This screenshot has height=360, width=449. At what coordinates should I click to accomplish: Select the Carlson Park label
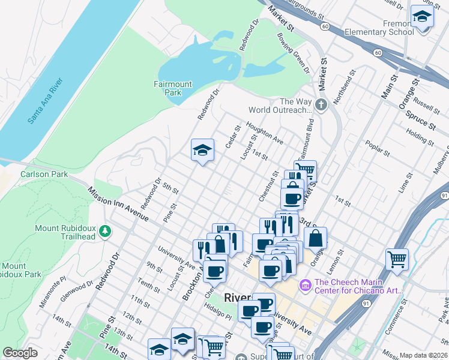[41, 175]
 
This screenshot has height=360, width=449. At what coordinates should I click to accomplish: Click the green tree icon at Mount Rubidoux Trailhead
[106, 230]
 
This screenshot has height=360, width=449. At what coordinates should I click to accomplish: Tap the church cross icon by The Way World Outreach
[321, 106]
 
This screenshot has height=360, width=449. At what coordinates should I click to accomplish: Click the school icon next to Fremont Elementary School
[422, 17]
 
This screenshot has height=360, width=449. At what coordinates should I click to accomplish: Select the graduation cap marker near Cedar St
[203, 150]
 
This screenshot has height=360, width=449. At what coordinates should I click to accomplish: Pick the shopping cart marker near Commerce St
[397, 260]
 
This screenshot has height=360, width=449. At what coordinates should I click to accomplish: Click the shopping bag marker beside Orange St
[315, 238]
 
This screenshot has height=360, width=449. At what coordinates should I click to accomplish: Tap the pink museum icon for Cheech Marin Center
[306, 283]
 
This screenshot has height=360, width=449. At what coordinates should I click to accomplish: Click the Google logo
[20, 353]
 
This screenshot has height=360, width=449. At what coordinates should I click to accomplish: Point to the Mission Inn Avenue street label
[118, 204]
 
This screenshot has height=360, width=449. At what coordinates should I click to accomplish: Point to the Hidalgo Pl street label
[217, 313]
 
